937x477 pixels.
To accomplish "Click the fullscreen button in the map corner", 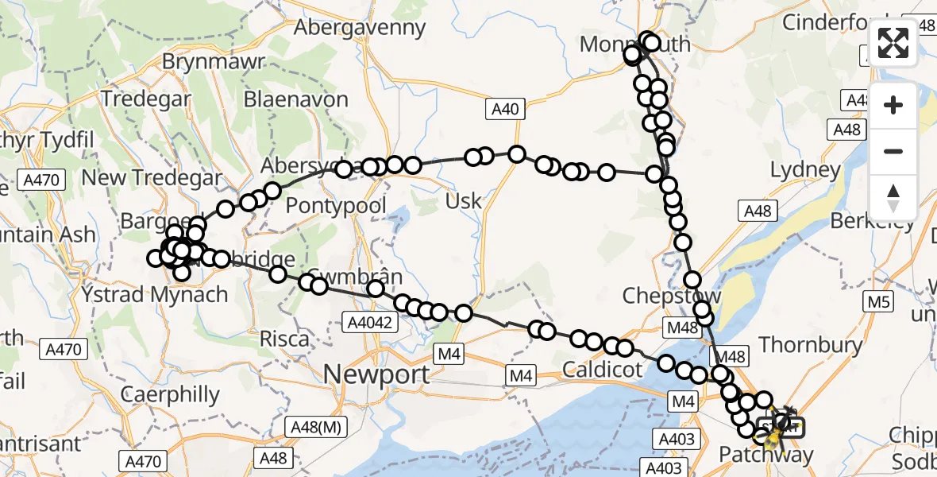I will click(x=893, y=43).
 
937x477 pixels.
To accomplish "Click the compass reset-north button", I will click(x=893, y=198).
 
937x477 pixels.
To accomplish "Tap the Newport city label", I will click(x=377, y=373).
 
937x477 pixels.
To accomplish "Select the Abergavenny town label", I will click(x=361, y=28).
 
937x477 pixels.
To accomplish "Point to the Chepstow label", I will click(x=671, y=296).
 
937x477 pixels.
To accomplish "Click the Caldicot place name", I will click(x=601, y=369).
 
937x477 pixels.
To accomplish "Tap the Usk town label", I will click(x=463, y=200).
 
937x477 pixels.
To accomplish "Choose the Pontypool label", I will click(x=336, y=206).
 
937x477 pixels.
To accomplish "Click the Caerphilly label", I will click(x=169, y=394).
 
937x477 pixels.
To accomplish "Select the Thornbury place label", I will click(x=811, y=344).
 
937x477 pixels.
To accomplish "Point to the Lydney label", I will click(x=805, y=169).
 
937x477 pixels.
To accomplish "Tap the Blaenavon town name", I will click(x=296, y=100).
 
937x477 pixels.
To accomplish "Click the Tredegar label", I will click(x=147, y=99).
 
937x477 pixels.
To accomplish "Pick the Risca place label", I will click(x=284, y=339).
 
